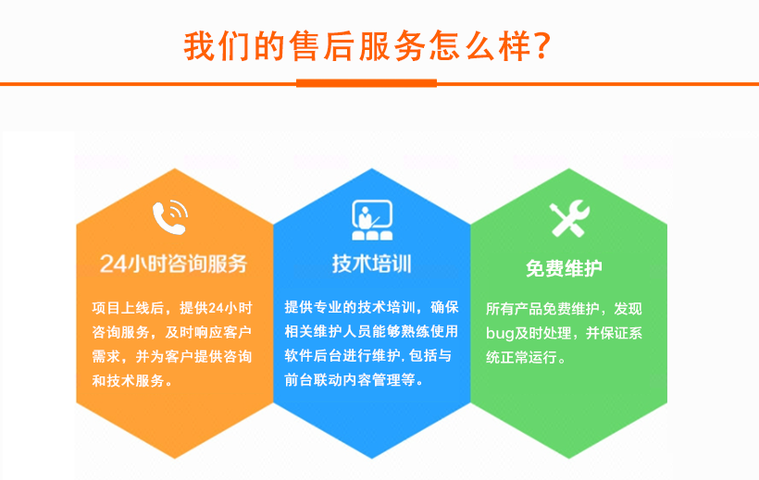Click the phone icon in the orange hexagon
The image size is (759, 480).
click(170, 217)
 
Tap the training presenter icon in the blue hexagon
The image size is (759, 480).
click(372, 220)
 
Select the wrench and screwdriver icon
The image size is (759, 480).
click(569, 218)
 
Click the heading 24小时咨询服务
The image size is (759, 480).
click(174, 264)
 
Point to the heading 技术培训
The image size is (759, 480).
click(372, 265)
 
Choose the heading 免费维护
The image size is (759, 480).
click(565, 268)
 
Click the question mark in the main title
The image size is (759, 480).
click(543, 46)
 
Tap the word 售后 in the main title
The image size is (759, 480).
click(322, 46)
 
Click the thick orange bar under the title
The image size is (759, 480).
click(367, 83)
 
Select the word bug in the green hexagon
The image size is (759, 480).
click(500, 334)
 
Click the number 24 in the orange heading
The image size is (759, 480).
click(113, 265)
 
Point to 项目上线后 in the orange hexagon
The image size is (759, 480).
click(128, 308)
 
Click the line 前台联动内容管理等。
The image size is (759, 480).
click(355, 380)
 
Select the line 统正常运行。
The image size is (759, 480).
click(526, 358)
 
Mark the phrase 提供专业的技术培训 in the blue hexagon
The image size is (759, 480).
click(350, 307)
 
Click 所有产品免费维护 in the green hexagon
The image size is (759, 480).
click(542, 309)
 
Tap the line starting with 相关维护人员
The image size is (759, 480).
click(371, 331)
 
